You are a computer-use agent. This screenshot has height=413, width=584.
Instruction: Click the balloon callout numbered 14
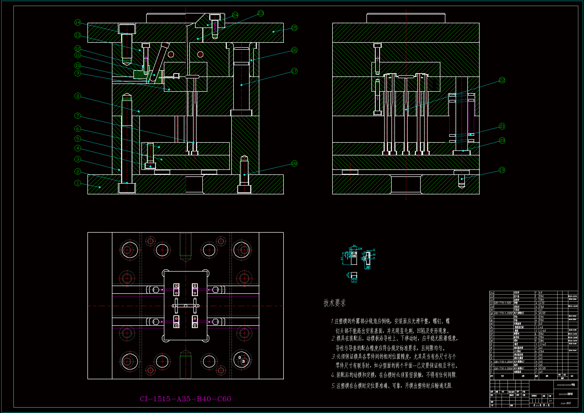point(78,23)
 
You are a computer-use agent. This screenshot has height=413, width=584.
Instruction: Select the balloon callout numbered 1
point(78,183)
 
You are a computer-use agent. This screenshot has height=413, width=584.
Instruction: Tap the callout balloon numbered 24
point(235,15)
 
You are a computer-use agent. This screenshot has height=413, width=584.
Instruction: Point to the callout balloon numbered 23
point(261,13)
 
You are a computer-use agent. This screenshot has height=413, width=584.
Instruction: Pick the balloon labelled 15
point(294,28)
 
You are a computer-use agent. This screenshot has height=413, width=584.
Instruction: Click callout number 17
point(294,71)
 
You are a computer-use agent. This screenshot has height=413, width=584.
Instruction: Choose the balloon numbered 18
point(294,163)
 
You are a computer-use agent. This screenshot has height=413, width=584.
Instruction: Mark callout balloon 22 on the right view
point(502,80)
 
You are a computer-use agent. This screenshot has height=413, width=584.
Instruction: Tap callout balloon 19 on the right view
point(502,170)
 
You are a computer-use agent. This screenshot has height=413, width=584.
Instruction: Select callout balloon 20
point(502,140)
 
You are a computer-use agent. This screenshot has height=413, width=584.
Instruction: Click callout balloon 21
point(502,126)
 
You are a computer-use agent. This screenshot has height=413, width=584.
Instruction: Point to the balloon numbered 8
point(78,96)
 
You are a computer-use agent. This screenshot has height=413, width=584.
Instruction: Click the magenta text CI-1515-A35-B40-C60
point(185,399)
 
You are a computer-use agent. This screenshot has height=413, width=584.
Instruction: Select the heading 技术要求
point(334,303)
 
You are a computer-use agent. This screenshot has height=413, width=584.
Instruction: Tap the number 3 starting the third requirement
point(333,357)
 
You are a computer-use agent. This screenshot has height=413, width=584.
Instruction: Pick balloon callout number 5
point(78,139)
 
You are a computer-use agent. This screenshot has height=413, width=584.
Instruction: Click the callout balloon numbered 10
point(78,65)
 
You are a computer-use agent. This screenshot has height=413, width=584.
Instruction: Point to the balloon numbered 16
point(294,50)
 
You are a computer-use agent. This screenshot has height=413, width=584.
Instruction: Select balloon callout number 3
point(78,159)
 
